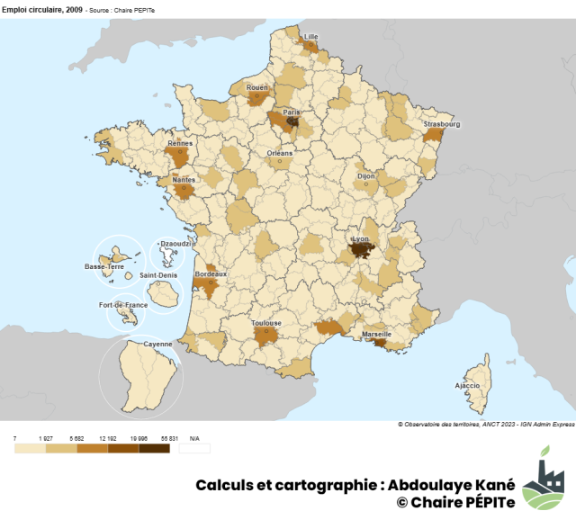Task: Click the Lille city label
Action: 311,37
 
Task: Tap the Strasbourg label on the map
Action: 442,124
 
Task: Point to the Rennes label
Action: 180,142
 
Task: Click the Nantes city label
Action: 183,179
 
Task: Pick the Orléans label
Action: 280,154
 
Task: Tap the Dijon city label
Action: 366,176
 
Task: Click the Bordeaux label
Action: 211,273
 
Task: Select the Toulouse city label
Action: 266,323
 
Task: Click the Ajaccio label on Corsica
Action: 468,385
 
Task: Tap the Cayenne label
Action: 157,344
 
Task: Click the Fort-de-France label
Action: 123,305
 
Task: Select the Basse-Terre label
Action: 104,267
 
